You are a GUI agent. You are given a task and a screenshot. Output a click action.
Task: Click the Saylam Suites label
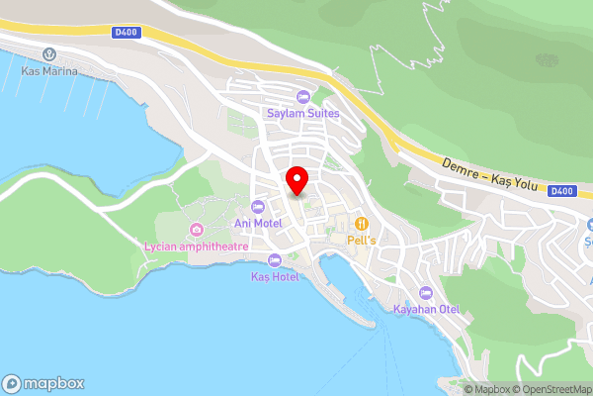302,113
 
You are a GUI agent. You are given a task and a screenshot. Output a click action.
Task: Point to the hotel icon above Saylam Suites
302,96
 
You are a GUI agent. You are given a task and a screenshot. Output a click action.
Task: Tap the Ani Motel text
258,223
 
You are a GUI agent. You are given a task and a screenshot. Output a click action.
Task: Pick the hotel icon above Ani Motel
258,206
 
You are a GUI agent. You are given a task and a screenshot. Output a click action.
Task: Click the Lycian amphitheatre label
196,246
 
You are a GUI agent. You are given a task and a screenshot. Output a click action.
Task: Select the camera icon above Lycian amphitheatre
196,229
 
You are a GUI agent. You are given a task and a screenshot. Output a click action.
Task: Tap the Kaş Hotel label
275,276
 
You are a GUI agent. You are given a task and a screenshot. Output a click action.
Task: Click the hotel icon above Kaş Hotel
275,259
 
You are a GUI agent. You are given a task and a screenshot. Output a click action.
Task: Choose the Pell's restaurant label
363,240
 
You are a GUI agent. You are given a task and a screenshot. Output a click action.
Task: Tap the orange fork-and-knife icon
363,223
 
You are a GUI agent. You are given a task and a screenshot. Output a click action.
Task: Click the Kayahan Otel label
426,309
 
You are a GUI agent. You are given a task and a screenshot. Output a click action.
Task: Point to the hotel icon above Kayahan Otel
426,292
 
